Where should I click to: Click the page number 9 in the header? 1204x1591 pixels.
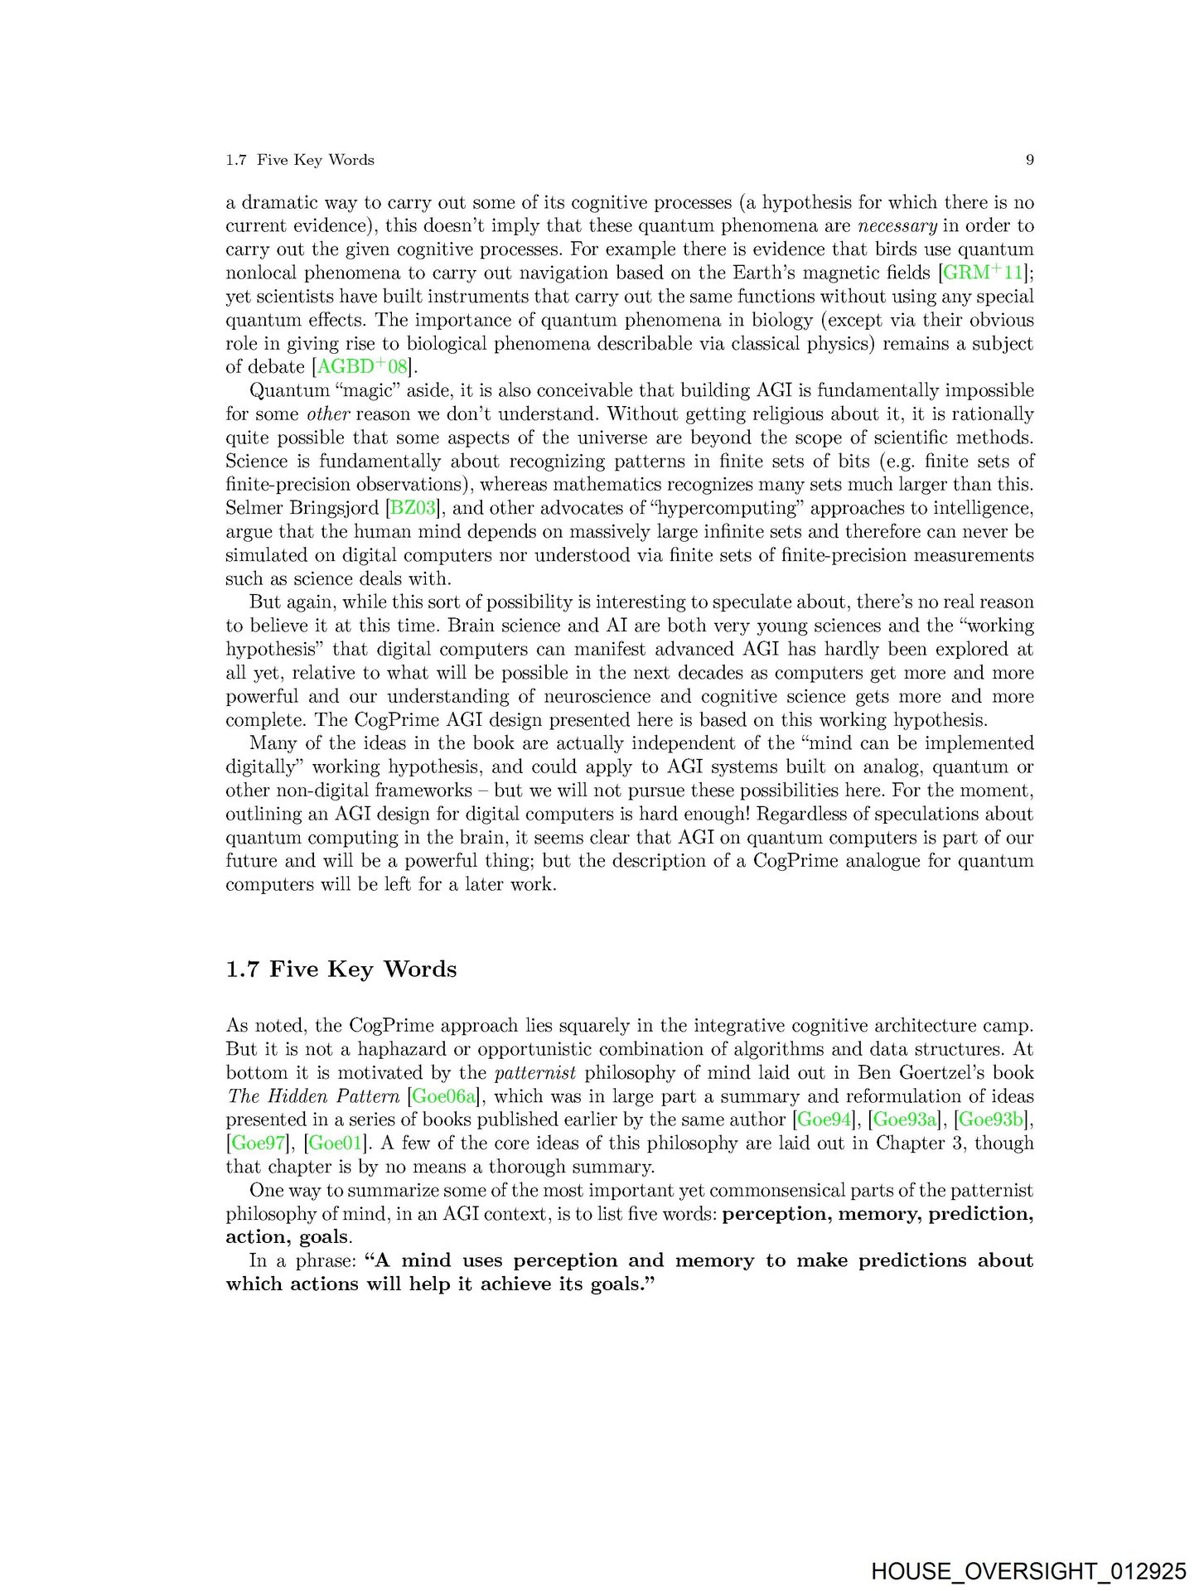tap(1029, 160)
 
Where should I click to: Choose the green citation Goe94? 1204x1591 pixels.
tap(824, 1120)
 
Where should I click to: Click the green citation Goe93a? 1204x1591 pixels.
tap(905, 1120)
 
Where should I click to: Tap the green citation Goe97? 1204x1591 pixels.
tap(257, 1144)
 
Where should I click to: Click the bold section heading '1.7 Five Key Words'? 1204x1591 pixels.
tap(341, 970)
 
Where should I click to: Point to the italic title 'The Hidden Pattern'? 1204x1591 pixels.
tap(312, 1096)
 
